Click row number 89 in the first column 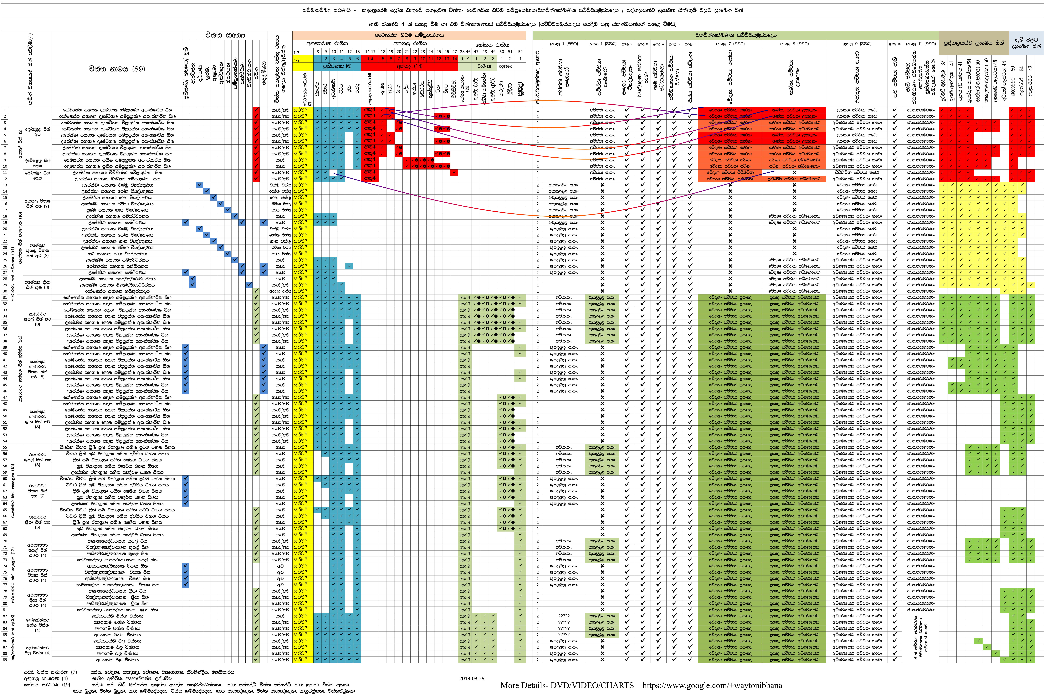pos(5,659)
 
